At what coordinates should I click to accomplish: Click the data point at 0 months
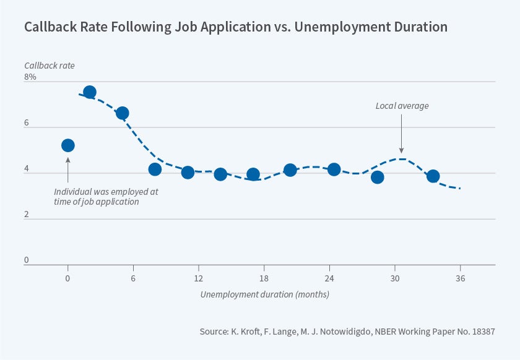click(x=68, y=145)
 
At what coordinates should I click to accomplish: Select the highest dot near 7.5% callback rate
click(x=89, y=92)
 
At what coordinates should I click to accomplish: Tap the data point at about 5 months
click(x=122, y=113)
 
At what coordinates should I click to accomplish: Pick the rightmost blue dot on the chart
click(x=433, y=176)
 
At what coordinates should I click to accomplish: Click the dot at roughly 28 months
click(x=378, y=178)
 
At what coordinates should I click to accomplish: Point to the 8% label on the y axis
click(x=30, y=77)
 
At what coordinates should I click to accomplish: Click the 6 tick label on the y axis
click(x=27, y=123)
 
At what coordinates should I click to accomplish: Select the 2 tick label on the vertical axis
click(x=27, y=215)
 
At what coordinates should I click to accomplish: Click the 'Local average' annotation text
click(x=402, y=106)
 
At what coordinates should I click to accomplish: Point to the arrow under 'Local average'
click(x=402, y=133)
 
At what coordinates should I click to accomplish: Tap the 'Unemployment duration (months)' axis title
click(x=264, y=294)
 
